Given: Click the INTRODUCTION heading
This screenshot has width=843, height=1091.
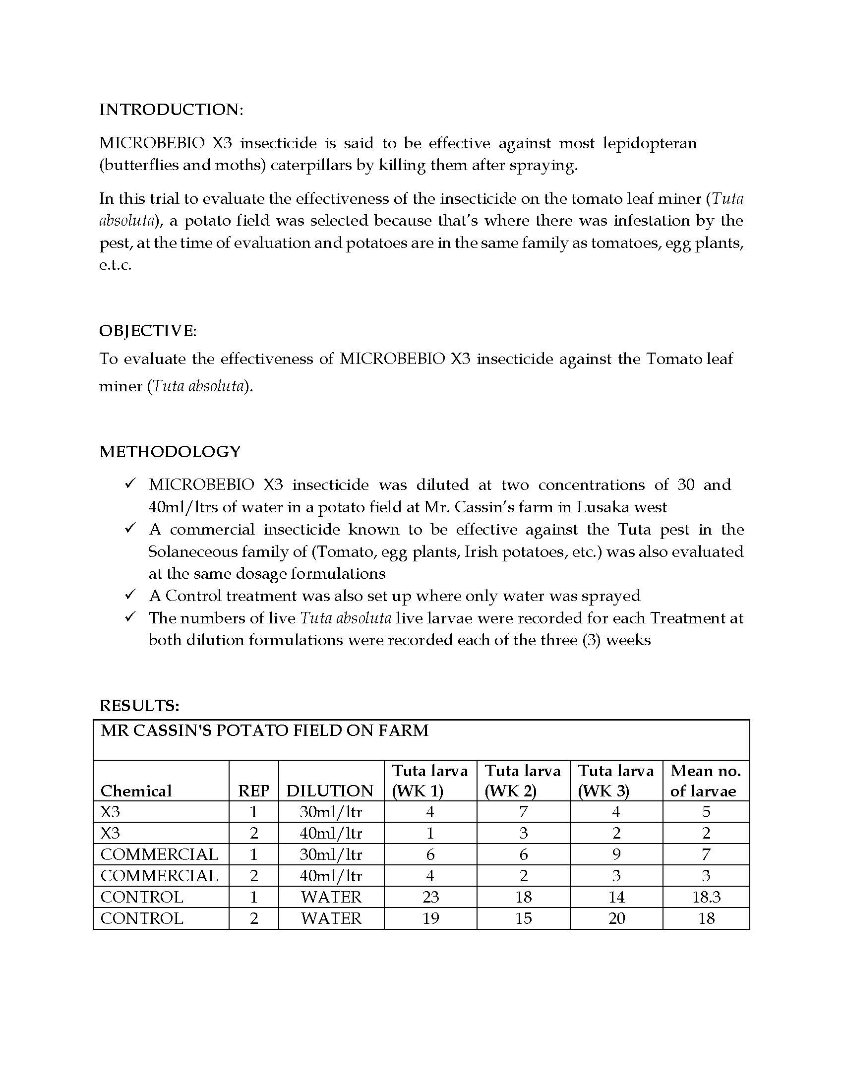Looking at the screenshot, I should [x=171, y=110].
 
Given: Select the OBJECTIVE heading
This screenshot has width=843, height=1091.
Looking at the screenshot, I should [x=148, y=331].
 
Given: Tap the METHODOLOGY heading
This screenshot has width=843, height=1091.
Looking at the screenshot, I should [x=170, y=452].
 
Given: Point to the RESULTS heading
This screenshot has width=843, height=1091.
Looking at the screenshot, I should [x=139, y=705].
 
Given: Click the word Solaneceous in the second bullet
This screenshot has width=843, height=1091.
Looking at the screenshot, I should [x=193, y=551].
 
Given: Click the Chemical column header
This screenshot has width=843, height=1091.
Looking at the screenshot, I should [x=136, y=791].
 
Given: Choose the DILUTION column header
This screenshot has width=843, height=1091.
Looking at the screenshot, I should [x=330, y=791].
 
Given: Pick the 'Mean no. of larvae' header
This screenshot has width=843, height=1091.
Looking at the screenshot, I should [x=705, y=781].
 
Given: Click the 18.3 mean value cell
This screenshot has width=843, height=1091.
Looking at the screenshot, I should [x=706, y=897].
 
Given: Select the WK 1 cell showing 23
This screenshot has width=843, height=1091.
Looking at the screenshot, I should [x=430, y=897].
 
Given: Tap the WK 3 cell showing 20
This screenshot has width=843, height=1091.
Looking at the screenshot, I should [x=616, y=918].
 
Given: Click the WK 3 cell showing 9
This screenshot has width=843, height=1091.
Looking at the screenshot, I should [x=616, y=855].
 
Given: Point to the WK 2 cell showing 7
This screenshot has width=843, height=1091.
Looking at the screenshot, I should [x=523, y=812].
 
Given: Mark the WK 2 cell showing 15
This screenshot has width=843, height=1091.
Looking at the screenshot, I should [x=523, y=918].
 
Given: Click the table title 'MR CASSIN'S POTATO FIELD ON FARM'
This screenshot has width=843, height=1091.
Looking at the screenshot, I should [x=264, y=731].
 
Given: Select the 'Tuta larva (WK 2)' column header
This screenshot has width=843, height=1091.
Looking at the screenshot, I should [x=523, y=781].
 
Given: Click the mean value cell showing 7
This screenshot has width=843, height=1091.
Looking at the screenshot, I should [x=706, y=855].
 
